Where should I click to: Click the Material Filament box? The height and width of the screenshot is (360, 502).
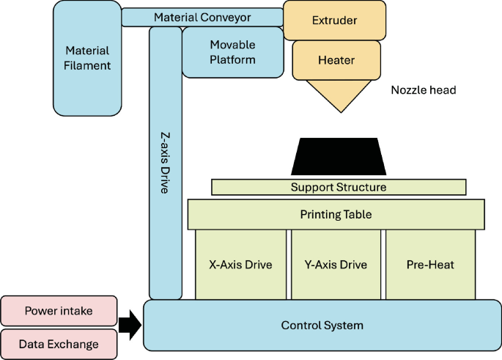[86, 58]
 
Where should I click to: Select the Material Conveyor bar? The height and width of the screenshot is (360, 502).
[202, 17]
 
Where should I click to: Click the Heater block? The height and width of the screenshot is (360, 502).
[336, 59]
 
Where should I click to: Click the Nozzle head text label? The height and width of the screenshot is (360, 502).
[424, 90]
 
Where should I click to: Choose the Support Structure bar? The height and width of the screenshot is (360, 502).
[338, 187]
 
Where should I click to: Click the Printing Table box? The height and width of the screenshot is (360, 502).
[336, 214]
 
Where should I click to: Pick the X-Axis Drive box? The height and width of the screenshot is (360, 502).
[241, 265]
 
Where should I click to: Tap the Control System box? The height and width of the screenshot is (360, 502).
[322, 325]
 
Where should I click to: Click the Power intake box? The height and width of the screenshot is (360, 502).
[59, 311]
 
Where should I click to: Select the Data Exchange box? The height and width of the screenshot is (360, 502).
[59, 343]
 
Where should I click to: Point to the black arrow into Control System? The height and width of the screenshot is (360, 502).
[130, 326]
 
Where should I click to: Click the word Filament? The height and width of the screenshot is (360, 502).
[86, 65]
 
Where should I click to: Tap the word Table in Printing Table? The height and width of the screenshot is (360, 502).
[358, 214]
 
